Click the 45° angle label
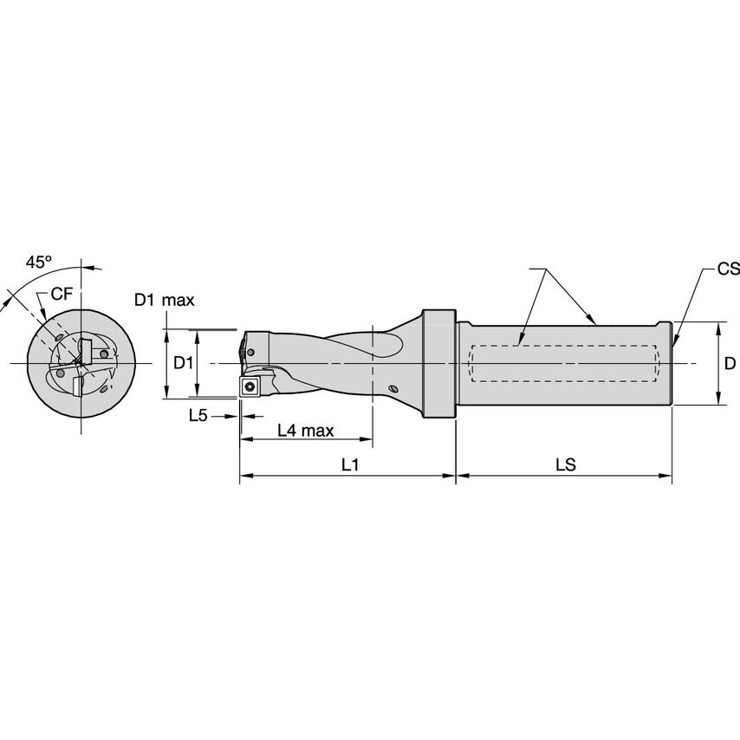[38, 261]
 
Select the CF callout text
[62, 294]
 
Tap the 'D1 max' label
[164, 301]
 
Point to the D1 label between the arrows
[183, 363]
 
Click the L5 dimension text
[198, 415]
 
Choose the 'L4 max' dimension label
[306, 431]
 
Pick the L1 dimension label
[350, 465]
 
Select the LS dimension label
[565, 465]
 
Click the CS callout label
[728, 269]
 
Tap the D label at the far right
[730, 363]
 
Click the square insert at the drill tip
[250, 387]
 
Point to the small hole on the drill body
[393, 390]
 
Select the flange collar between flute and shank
[439, 364]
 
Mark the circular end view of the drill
[81, 362]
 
